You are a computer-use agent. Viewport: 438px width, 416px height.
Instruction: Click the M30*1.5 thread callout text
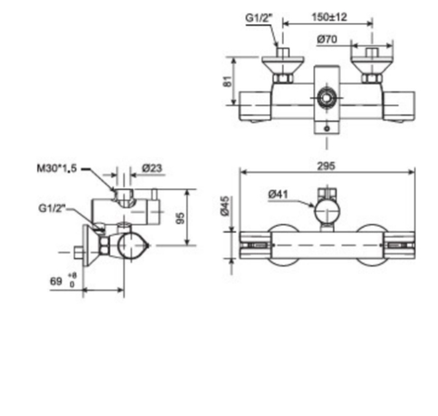55,168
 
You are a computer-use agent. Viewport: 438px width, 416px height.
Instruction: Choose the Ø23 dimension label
151,168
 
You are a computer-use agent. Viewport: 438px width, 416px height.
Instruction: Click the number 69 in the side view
55,281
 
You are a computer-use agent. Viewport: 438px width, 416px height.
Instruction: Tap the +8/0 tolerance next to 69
72,279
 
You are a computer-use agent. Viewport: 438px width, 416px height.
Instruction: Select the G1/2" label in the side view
52,208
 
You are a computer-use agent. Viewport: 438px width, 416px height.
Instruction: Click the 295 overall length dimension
326,166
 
